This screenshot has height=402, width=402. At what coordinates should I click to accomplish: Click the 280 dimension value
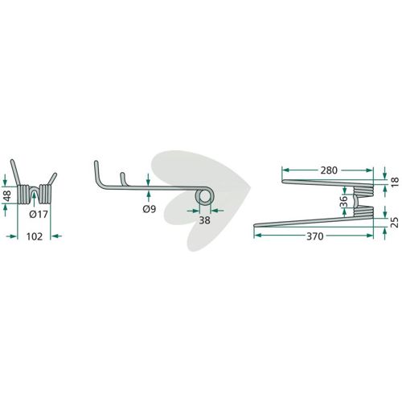coord(329,170)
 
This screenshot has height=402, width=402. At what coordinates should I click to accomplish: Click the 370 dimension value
coord(314,236)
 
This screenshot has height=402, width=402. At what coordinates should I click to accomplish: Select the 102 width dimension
coord(35,236)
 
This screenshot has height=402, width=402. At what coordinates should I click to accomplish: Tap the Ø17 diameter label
coord(39,215)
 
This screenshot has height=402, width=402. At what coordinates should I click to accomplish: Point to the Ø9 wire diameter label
coord(150,209)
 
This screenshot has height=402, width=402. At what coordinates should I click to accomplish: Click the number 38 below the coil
coord(204,220)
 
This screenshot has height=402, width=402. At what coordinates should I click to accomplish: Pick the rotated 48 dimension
coord(7,195)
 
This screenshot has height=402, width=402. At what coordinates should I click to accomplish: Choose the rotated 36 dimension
coord(343,202)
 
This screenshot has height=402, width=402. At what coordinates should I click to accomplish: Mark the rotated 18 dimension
coord(395,183)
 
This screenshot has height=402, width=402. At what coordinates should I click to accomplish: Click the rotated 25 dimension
coord(395,223)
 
